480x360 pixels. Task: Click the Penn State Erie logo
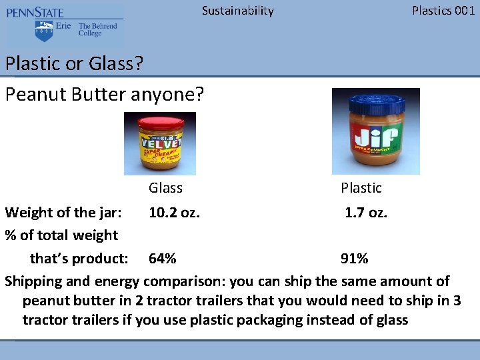[64, 26]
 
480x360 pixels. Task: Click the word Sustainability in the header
[237, 11]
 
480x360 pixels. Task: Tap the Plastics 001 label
[443, 11]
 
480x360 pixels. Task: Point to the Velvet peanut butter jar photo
[160, 143]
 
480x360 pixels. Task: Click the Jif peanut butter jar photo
[375, 131]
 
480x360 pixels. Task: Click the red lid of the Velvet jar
[159, 122]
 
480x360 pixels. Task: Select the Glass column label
[165, 188]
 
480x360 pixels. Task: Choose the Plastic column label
[361, 188]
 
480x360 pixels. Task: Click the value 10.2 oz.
[174, 213]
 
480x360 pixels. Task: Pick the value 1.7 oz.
[365, 213]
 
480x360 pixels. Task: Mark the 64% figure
[163, 259]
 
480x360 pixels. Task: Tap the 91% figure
[354, 259]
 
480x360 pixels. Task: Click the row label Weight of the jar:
[63, 213]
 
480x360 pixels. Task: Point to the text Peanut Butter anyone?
[104, 94]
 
